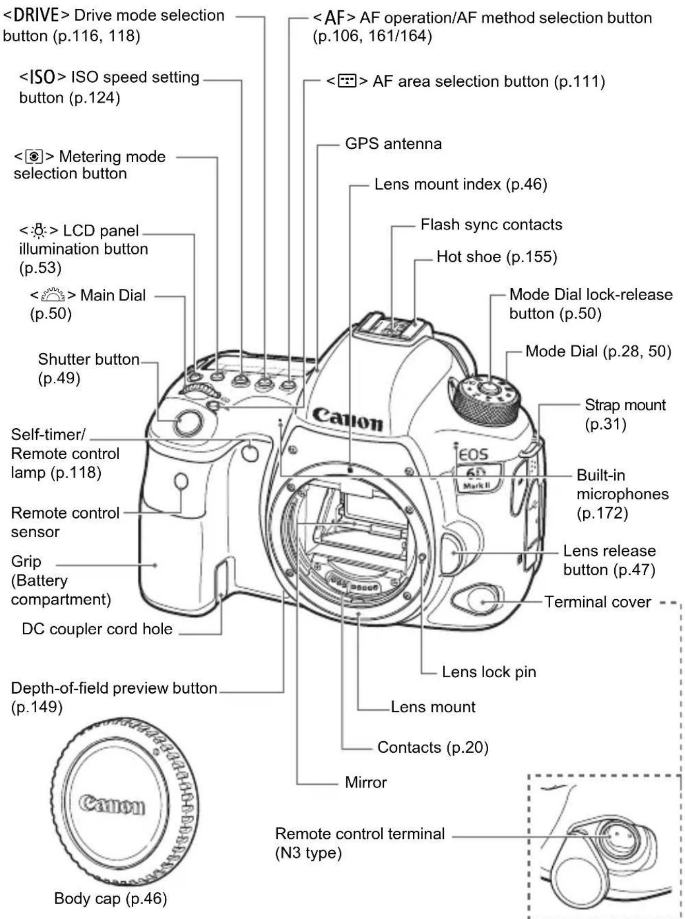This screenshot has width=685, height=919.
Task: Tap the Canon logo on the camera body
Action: click(348, 419)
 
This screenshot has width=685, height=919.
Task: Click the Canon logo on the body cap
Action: click(112, 805)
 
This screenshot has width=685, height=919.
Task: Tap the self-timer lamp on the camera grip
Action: click(250, 453)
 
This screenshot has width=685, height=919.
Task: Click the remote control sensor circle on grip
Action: click(181, 481)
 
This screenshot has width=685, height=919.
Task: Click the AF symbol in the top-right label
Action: click(334, 18)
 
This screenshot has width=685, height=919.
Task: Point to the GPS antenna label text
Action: click(393, 144)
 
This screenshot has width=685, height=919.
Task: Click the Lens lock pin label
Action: click(489, 672)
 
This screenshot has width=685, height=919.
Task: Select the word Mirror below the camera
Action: click(366, 782)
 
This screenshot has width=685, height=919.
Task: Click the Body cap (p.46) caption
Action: click(111, 898)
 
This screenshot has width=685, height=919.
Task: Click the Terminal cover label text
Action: click(597, 602)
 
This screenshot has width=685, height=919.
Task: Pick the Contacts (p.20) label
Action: click(433, 747)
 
